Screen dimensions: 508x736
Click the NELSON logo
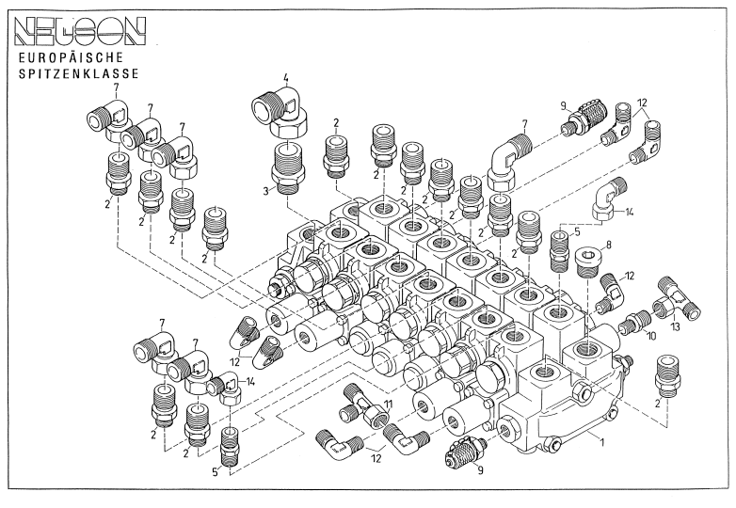80,31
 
